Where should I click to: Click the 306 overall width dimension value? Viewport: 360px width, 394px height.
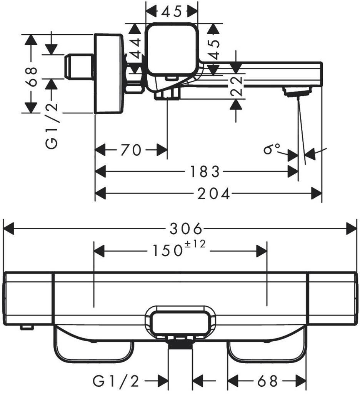click(186, 229)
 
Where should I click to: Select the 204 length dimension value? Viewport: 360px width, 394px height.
click(213, 194)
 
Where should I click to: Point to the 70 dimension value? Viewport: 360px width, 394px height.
click(131, 150)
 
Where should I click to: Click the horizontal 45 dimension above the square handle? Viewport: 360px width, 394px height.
click(172, 12)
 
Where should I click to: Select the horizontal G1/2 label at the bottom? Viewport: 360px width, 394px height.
click(116, 381)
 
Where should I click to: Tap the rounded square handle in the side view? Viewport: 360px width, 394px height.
click(172, 49)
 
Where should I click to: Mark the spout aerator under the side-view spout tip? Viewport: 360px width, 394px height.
click(297, 92)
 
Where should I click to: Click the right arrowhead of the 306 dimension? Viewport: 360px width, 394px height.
click(352, 229)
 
